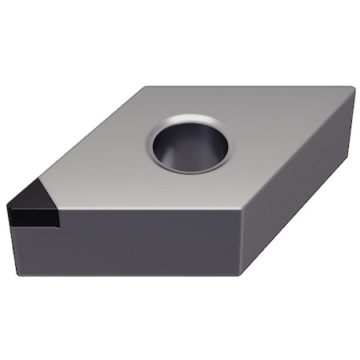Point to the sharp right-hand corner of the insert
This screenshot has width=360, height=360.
tap(353, 91)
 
